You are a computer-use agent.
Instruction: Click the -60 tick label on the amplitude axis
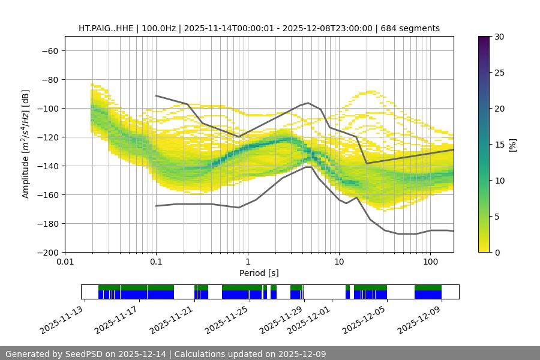tap(49, 50)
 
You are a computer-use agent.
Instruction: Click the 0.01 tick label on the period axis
tap(65, 262)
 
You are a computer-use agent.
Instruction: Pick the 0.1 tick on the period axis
tap(156, 262)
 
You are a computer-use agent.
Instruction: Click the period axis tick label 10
tap(339, 262)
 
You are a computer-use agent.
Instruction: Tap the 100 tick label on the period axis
tap(430, 262)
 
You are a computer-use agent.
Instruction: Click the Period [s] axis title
tap(259, 273)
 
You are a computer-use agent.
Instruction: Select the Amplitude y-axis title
tap(26, 144)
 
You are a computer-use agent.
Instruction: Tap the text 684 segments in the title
tap(414, 28)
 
